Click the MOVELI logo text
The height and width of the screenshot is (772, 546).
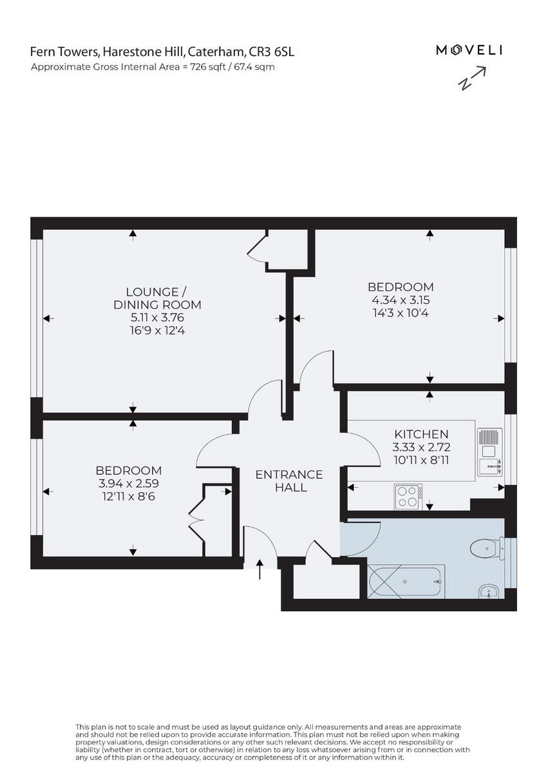point(469,50)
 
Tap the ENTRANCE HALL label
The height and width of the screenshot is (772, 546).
point(289,481)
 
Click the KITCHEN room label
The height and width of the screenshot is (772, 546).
point(421,434)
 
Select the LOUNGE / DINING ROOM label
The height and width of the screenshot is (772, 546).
point(158,298)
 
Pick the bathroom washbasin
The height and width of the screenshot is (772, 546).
point(487,591)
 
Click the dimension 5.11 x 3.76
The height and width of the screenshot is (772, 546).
point(158,318)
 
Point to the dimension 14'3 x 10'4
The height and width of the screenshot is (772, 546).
point(400,314)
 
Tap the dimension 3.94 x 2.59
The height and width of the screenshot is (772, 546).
point(128,483)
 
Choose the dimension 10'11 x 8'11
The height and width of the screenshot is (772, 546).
point(421,461)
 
